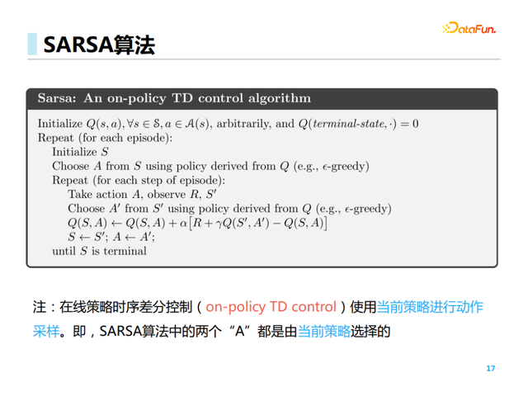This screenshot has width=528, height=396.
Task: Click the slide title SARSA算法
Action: (x=98, y=45)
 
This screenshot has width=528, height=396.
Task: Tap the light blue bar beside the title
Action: (x=32, y=45)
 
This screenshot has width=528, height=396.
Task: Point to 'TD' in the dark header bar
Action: (x=181, y=98)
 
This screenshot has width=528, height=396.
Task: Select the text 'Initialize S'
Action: (x=80, y=153)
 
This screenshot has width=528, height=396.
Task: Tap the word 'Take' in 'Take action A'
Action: (x=80, y=195)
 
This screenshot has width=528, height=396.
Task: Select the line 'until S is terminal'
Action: (x=99, y=251)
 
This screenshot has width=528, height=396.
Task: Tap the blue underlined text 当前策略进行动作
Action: (x=429, y=307)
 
